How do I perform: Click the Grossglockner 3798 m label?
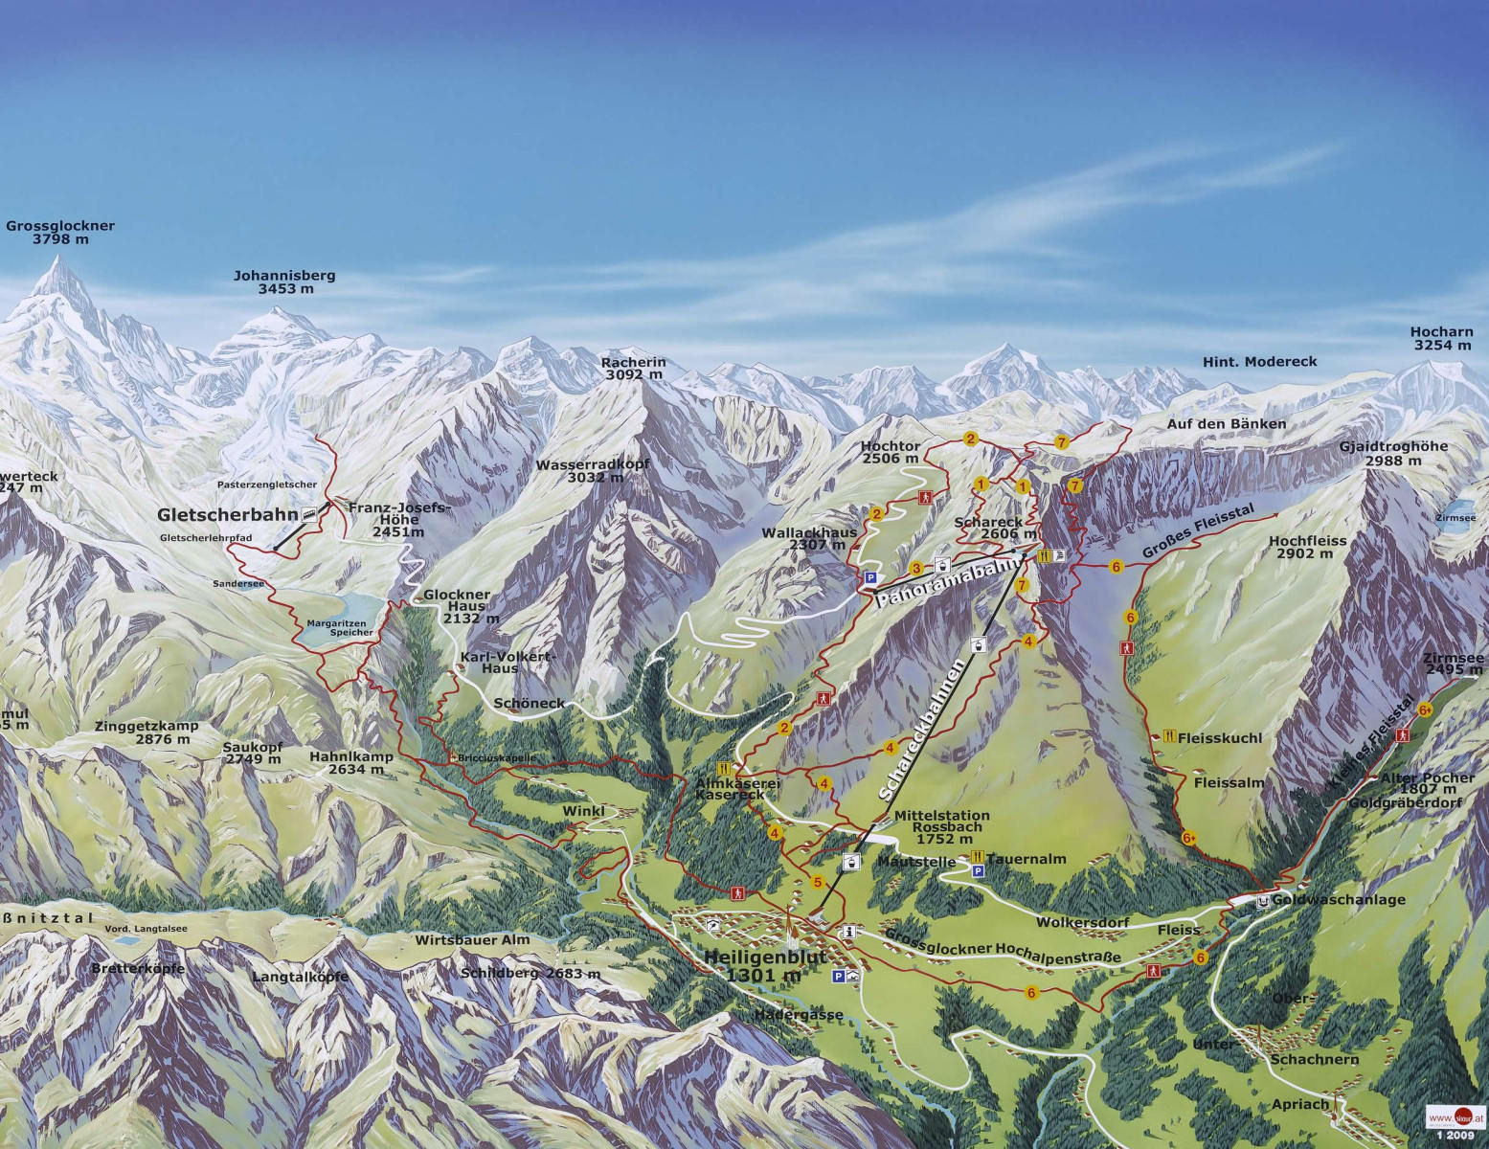(x=60, y=233)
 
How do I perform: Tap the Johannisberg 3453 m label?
(x=284, y=282)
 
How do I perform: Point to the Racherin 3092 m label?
(x=633, y=369)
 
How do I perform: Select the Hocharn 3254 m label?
(x=1441, y=339)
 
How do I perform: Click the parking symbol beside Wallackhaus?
(x=870, y=577)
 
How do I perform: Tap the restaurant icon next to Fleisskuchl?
(x=1169, y=737)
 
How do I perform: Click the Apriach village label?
(x=1300, y=1104)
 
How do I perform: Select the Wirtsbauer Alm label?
(x=472, y=940)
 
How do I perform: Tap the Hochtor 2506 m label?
(x=890, y=452)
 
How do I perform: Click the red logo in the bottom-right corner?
(x=1454, y=1117)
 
